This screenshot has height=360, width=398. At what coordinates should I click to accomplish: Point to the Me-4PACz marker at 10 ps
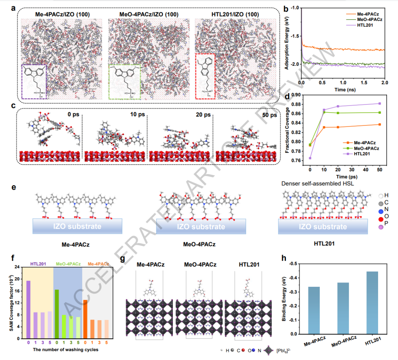coord(324,127)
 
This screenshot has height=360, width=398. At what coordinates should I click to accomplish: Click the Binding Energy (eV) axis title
coord(284,299)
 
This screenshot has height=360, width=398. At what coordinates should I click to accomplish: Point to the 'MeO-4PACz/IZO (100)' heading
coord(149,15)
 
